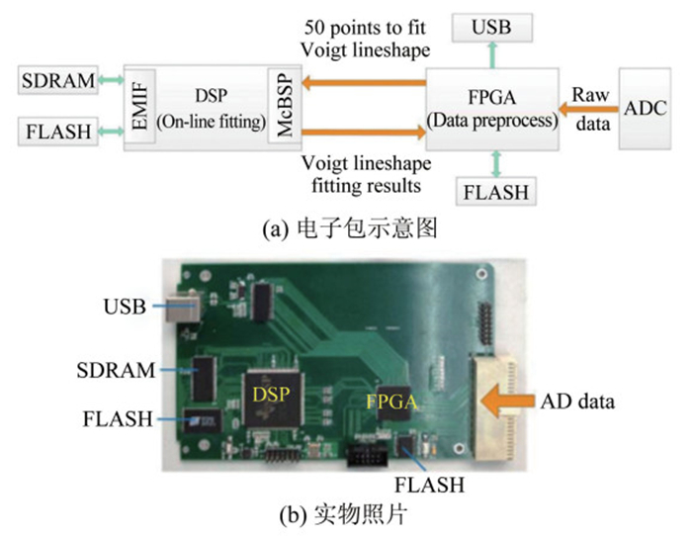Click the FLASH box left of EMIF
tap(56, 129)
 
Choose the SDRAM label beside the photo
tap(116, 371)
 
